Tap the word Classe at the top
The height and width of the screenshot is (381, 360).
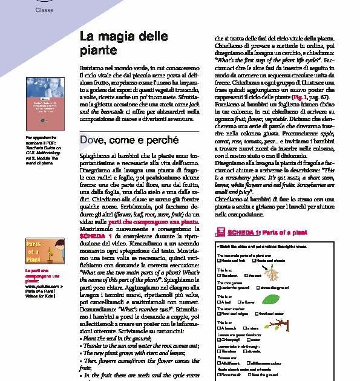[44, 10]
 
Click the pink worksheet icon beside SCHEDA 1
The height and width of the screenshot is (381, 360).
[220, 232]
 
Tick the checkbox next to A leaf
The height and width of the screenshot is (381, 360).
[218, 302]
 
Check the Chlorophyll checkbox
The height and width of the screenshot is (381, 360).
[218, 340]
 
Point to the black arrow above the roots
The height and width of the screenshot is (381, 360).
[286, 264]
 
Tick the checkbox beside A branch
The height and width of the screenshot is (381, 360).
[218, 327]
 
